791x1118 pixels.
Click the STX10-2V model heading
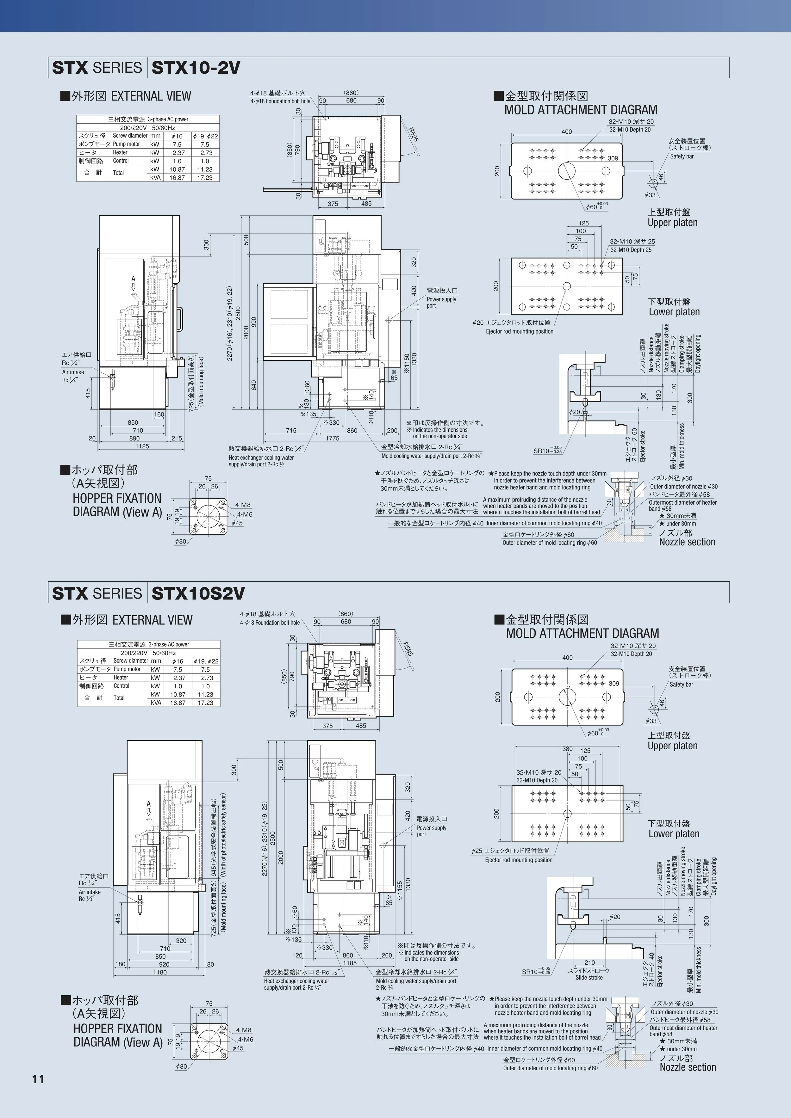pyautogui.click(x=196, y=68)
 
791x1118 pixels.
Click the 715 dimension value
pyautogui.click(x=291, y=430)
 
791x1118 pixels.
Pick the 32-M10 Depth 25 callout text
pyautogui.click(x=631, y=250)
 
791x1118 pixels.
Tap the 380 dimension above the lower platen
pyautogui.click(x=567, y=749)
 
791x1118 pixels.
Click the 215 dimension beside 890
pyautogui.click(x=177, y=438)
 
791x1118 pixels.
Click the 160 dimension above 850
pyautogui.click(x=159, y=415)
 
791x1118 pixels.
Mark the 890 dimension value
pyautogui.click(x=134, y=438)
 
